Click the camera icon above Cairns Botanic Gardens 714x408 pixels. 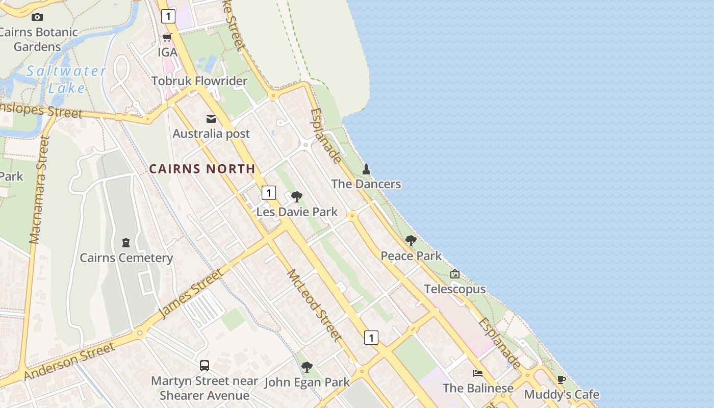[x=37, y=17]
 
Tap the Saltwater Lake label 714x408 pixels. [x=66, y=80]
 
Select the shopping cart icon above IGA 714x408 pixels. [x=167, y=37]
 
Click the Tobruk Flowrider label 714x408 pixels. [x=199, y=81]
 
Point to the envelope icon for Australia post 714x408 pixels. [x=211, y=119]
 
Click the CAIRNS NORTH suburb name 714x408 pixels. [x=202, y=169]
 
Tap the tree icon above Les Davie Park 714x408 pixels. [x=296, y=197]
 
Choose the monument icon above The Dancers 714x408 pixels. [x=366, y=169]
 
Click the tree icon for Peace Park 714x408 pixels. [x=411, y=241]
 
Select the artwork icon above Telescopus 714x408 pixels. [x=455, y=274]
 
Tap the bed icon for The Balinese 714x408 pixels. [x=478, y=373]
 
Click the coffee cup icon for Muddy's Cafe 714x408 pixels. [x=562, y=380]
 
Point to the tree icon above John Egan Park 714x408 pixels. [x=307, y=367]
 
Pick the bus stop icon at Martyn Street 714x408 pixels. [x=205, y=365]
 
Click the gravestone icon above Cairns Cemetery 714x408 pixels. [x=126, y=243]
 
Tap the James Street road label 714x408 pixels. [x=191, y=294]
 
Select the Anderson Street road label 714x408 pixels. [x=69, y=362]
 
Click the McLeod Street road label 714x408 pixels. [x=314, y=304]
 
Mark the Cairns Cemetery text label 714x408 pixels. [x=126, y=258]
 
